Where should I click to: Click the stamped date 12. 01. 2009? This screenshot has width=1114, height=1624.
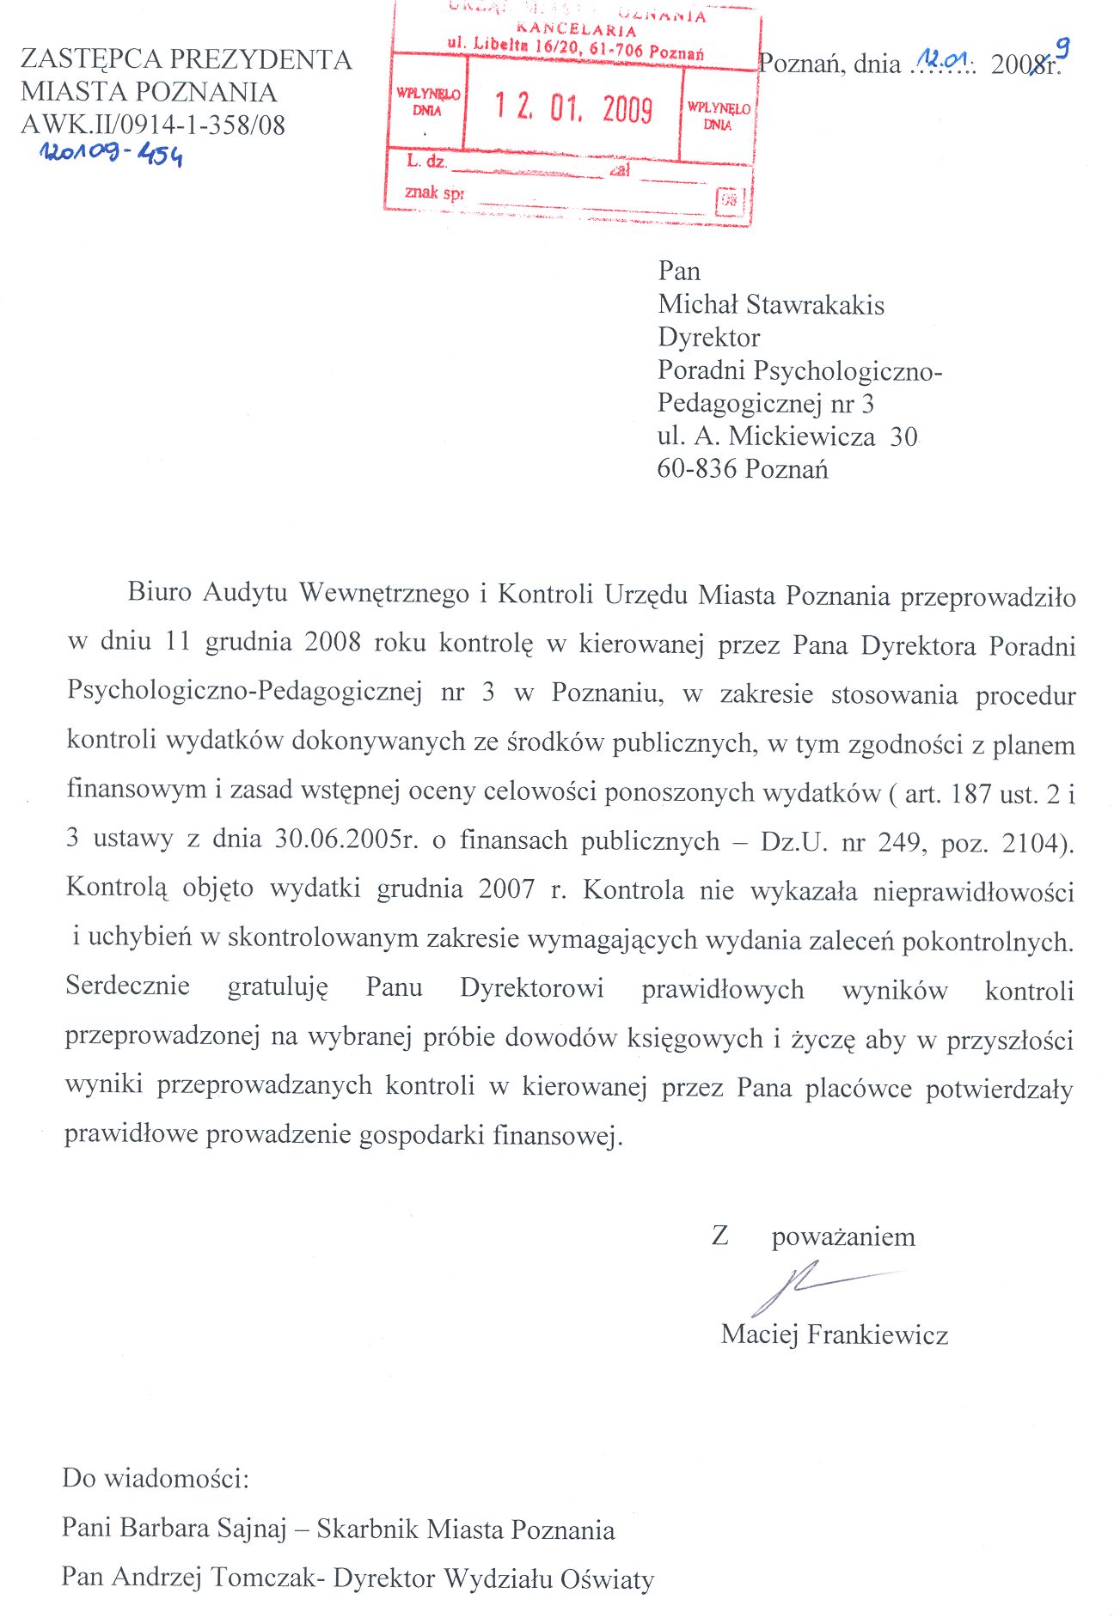(x=573, y=109)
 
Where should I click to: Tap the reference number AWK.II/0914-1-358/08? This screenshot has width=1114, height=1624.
(x=153, y=125)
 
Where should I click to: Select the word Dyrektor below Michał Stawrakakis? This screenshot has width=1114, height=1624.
(x=708, y=338)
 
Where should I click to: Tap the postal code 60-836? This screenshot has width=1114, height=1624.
(x=697, y=469)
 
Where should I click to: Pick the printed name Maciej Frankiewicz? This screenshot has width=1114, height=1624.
(x=834, y=1334)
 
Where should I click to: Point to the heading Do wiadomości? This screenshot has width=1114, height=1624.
(x=156, y=1479)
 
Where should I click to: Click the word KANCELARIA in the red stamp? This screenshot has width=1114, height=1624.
(x=577, y=31)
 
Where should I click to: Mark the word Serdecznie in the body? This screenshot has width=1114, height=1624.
(x=127, y=986)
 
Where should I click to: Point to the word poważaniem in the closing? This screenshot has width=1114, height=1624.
(x=843, y=1237)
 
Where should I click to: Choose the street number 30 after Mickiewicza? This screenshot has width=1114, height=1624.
(x=903, y=437)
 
